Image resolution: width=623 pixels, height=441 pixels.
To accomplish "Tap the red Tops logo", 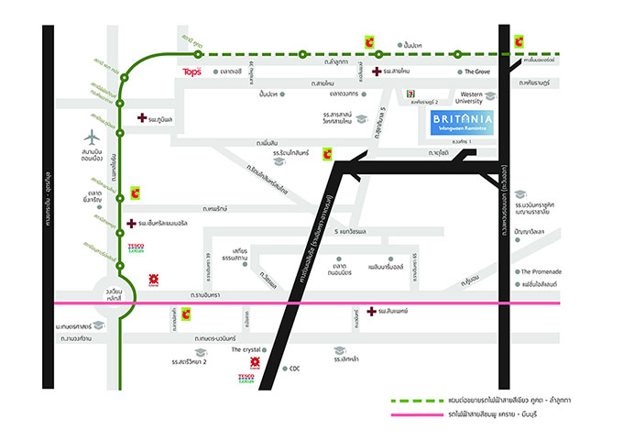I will pyautogui.click(x=192, y=72).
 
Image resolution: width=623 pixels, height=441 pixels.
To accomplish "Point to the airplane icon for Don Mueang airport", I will pyautogui.click(x=92, y=138).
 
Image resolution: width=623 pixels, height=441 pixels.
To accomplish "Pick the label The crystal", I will pyautogui.click(x=246, y=349).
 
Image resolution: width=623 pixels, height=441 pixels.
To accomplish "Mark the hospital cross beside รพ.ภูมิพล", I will pyautogui.click(x=142, y=118).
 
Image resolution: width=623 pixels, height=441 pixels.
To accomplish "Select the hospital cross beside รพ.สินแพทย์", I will pyautogui.click(x=371, y=312).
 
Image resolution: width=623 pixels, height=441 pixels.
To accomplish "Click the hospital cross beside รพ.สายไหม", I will pyautogui.click(x=377, y=72).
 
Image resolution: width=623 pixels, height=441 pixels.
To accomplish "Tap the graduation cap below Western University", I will pyautogui.click(x=490, y=96).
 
